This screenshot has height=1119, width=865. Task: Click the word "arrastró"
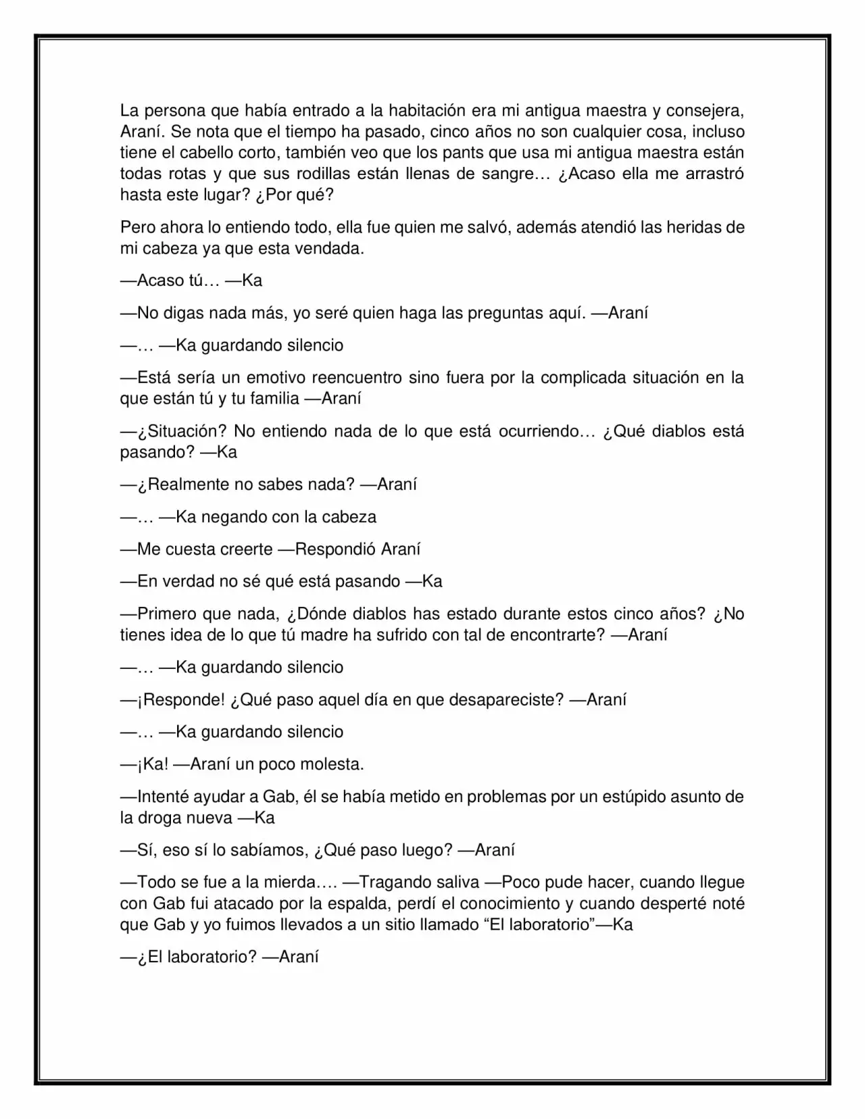(x=715, y=174)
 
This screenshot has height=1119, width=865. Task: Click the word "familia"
(x=274, y=399)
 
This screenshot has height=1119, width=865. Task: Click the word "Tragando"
(x=400, y=882)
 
